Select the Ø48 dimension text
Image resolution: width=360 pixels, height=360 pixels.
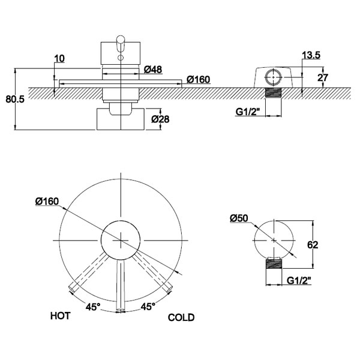pyautogui.click(x=154, y=70)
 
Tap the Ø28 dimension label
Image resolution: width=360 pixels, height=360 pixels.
pyautogui.click(x=160, y=119)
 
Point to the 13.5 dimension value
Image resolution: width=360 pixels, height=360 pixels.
pyautogui.click(x=310, y=55)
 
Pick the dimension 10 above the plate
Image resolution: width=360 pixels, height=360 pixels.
pyautogui.click(x=59, y=59)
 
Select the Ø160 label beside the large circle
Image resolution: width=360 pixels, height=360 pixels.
pyautogui.click(x=47, y=201)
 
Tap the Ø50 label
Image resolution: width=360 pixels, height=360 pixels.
pyautogui.click(x=238, y=218)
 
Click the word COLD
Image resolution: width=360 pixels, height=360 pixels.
pyautogui.click(x=181, y=317)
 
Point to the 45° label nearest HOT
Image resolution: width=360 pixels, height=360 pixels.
pyautogui.click(x=92, y=307)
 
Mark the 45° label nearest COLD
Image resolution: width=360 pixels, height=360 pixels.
pyautogui.click(x=148, y=307)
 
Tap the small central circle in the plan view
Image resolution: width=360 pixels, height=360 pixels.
pyautogui.click(x=120, y=239)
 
